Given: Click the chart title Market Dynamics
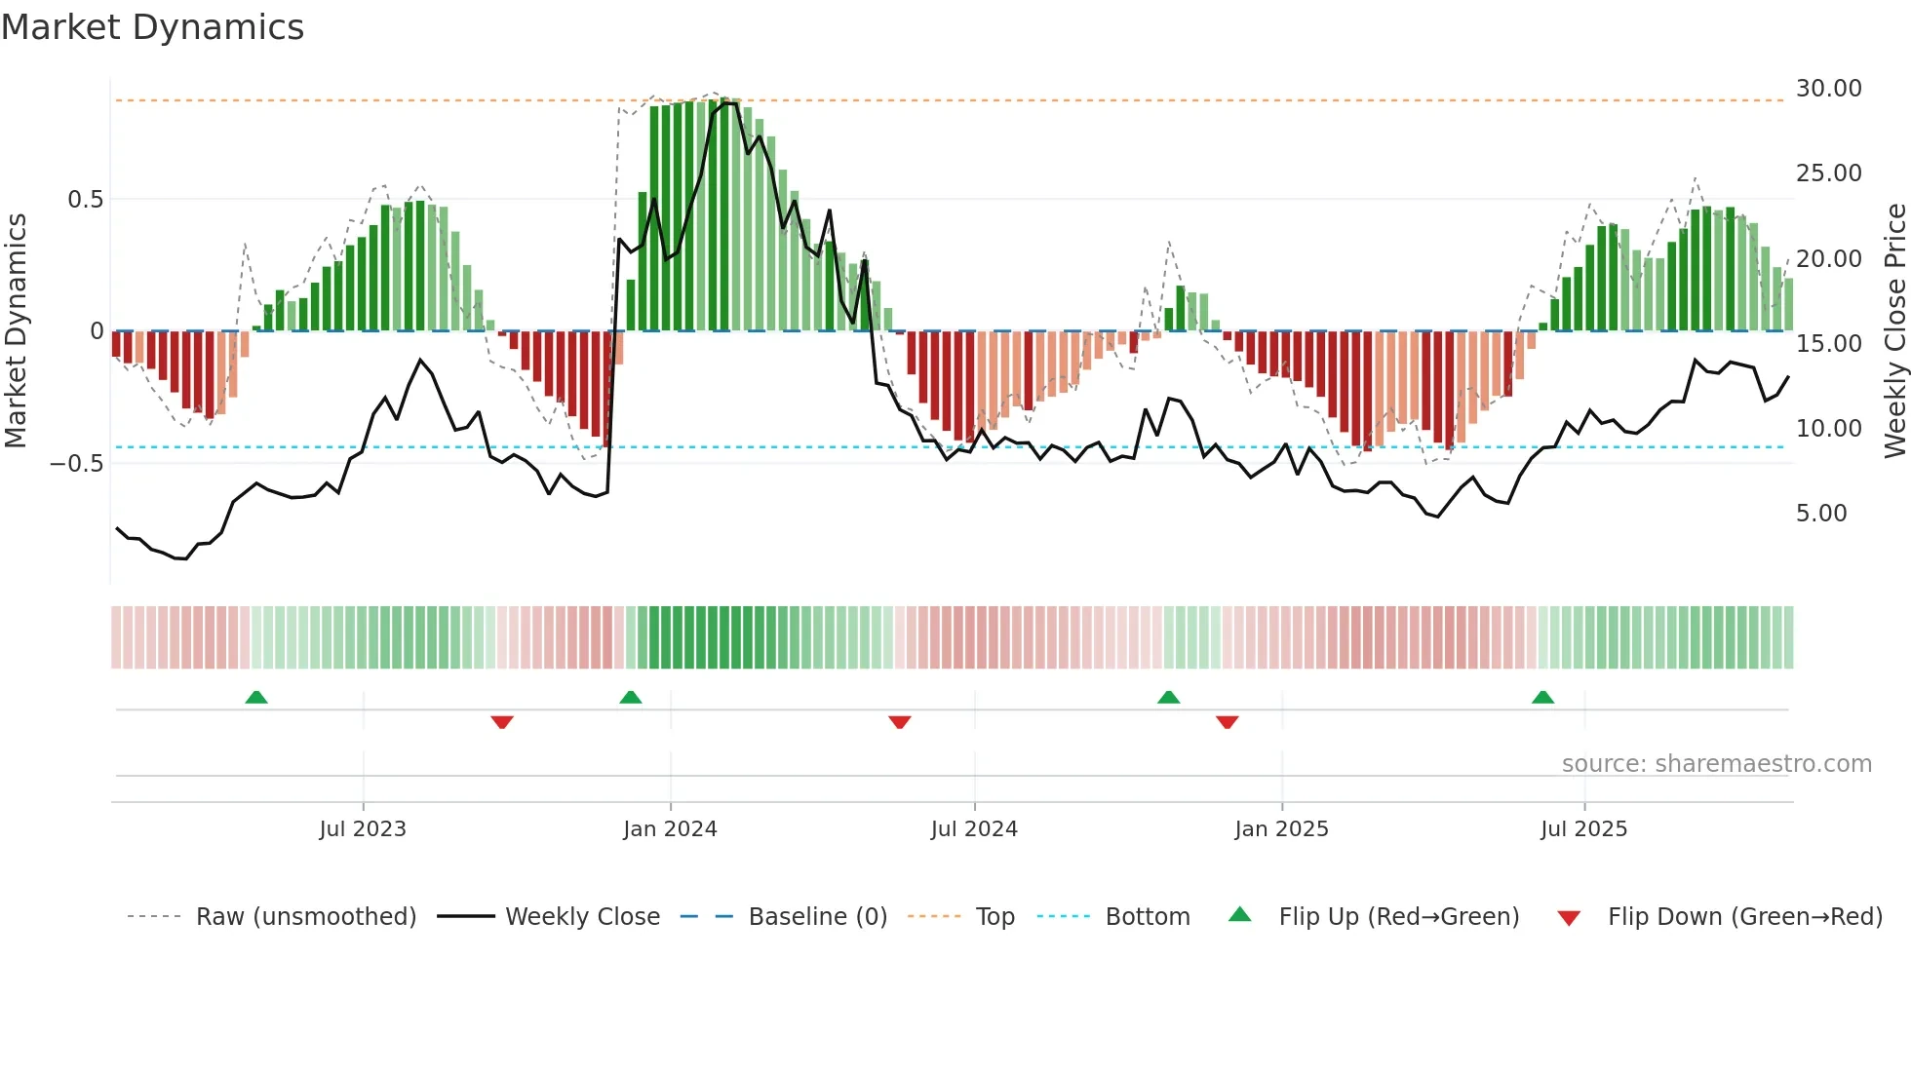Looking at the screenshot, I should point(152,27).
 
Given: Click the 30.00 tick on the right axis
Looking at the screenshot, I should point(1828,89).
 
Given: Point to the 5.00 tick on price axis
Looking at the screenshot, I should point(1820,514).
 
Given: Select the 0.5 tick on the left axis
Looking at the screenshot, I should point(85,200).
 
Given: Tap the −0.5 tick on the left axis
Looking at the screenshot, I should point(77,464).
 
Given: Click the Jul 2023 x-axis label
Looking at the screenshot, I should point(363,829).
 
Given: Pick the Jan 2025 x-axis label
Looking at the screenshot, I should point(1281,829).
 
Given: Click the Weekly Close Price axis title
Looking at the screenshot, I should point(1894,331).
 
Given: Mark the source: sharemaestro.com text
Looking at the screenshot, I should point(1716,764).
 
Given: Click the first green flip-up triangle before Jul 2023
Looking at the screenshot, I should point(256,698).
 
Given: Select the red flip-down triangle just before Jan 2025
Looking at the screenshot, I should point(1228,722).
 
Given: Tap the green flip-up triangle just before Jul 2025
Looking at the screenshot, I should point(1542,698).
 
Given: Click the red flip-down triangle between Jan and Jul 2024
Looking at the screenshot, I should point(900,722).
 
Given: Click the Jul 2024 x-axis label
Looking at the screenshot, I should point(974,829).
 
